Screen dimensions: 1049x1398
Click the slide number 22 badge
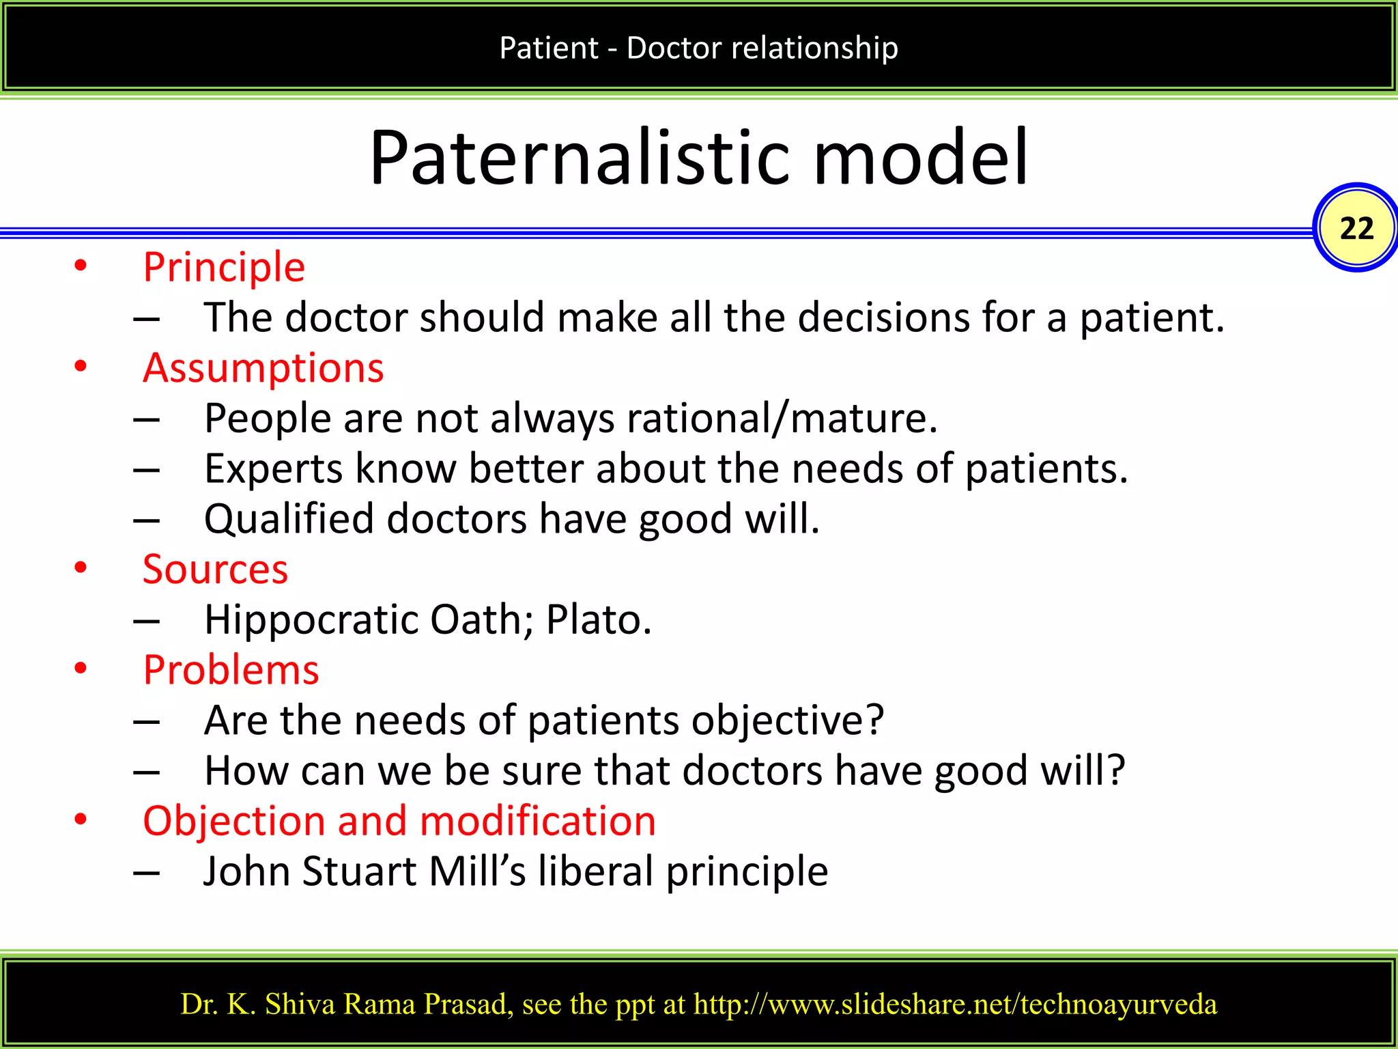coord(1356,228)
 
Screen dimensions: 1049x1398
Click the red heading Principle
coord(224,266)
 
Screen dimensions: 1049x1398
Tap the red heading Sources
coord(215,569)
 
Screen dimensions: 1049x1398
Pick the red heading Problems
coord(231,670)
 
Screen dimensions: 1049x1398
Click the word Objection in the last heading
coord(234,821)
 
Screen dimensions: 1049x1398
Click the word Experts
coord(273,469)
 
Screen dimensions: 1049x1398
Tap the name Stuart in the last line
coord(359,871)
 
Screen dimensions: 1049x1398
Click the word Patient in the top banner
coord(548,48)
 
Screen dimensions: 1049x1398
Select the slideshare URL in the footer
coord(955,1004)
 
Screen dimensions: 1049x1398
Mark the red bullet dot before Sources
coord(81,568)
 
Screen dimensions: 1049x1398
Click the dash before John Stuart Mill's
coord(147,873)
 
